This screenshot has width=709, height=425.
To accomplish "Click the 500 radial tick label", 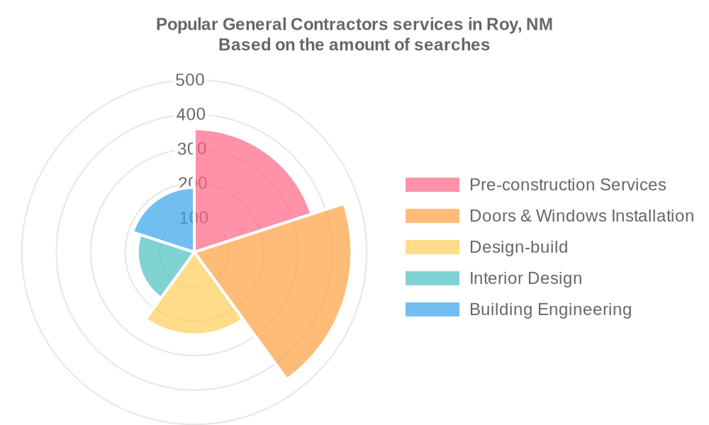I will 190,80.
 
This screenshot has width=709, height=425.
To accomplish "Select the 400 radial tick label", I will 190,115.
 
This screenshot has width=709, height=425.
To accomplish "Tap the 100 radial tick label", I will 193,217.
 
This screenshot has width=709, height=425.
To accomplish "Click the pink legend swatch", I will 432,185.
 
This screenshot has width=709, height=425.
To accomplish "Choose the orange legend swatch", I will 432,216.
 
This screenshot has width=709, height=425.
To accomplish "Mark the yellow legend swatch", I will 432,247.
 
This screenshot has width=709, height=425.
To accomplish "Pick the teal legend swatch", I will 432,278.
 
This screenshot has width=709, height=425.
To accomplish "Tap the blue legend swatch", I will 432,310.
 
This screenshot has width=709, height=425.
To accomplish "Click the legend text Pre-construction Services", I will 568,185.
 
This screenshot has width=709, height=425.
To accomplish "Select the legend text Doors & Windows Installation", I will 581,216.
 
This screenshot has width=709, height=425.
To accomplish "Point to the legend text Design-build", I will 519,247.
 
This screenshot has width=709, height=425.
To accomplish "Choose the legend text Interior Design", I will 525,278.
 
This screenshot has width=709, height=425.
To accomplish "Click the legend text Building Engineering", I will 550,310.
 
